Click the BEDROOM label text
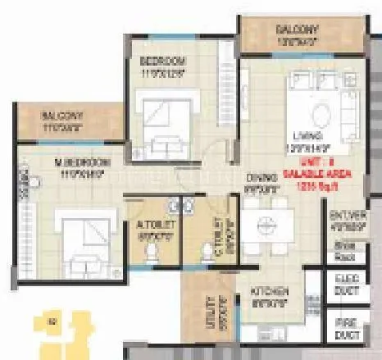tap(162, 62)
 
